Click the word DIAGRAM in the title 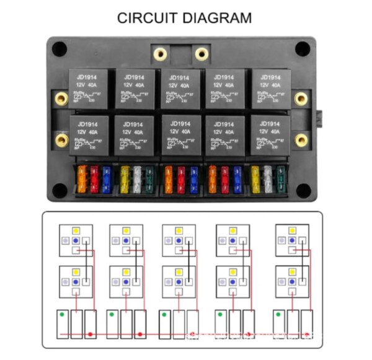coord(218,18)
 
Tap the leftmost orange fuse coord(82,178)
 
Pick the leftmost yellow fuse coord(125,178)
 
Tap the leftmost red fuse coord(95,178)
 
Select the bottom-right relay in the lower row coord(271,134)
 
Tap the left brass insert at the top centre coord(160,54)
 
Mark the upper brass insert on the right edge coord(301,99)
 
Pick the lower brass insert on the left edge coord(61,140)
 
